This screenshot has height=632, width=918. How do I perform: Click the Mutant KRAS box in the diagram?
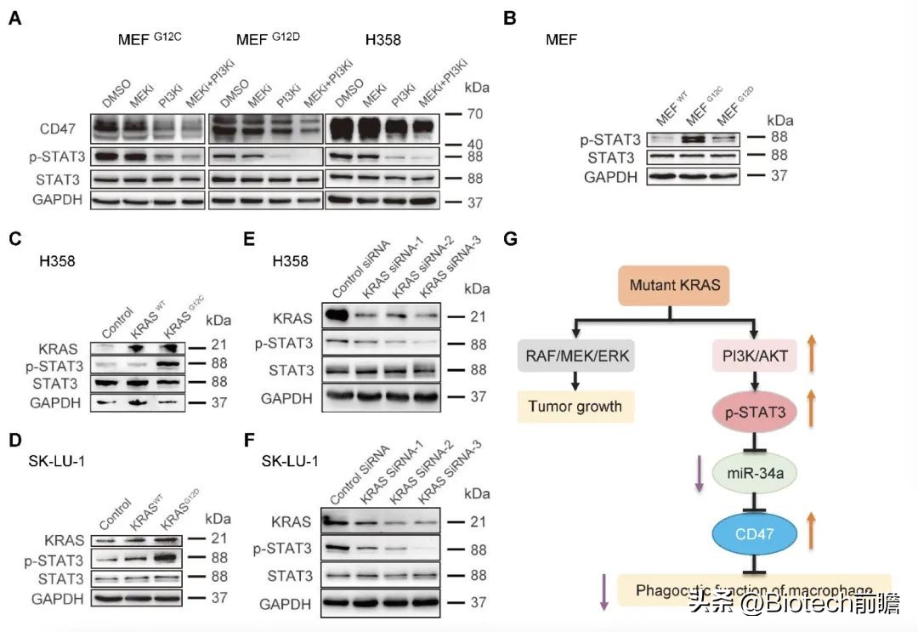pos(676,285)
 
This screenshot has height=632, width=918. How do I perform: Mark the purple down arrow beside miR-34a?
pos(698,474)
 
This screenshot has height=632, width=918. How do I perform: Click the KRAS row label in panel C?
pos(54,347)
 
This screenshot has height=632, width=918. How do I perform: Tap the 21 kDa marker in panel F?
pos(477,521)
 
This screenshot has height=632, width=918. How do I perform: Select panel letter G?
pos(510,238)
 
